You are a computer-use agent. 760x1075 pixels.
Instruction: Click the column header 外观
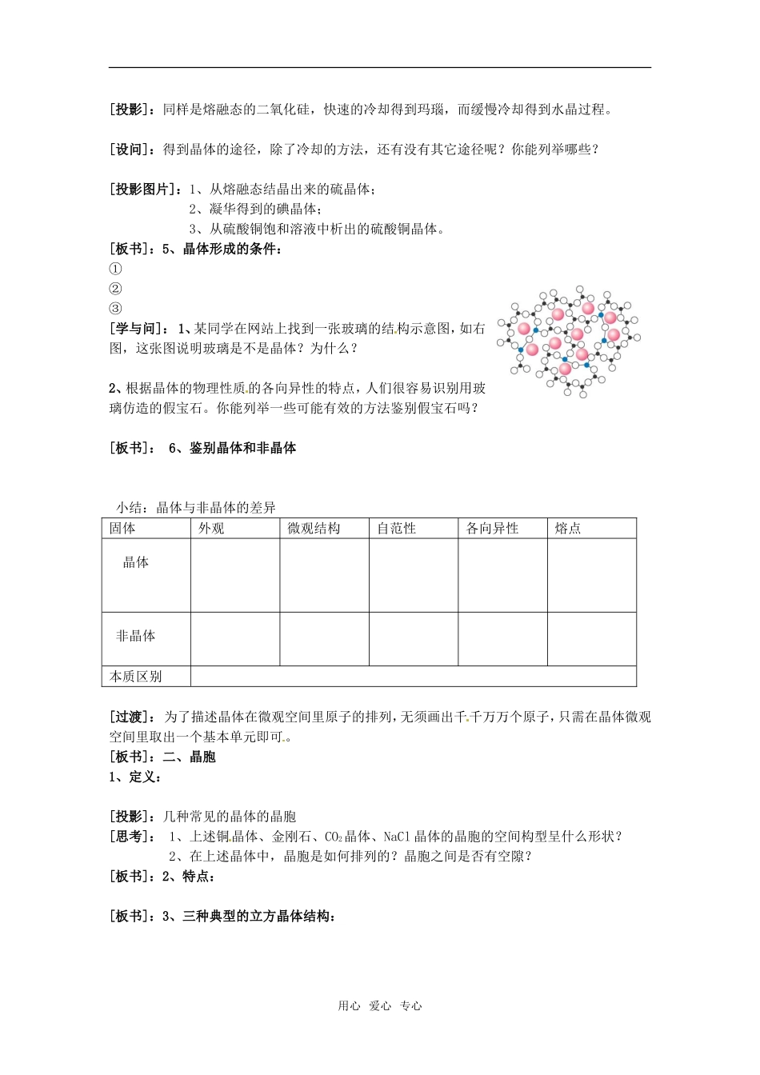coord(212,529)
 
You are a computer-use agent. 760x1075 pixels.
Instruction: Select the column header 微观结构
coord(314,529)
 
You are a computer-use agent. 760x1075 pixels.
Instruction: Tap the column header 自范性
coord(397,529)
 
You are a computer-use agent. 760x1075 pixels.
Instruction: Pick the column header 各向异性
coord(492,529)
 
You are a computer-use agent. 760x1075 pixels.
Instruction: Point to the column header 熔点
coord(568,529)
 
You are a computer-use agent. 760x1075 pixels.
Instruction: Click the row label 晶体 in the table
coord(136,562)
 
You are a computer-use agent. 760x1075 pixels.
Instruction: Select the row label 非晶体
coord(136,636)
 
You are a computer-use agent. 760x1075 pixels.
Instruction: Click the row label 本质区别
coord(136,677)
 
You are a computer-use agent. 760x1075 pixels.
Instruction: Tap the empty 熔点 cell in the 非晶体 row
coord(591,639)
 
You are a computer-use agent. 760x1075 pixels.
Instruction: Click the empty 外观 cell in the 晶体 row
coord(235,575)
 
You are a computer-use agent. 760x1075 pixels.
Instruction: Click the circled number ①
coord(116,269)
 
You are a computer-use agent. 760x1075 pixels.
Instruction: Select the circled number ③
coord(116,309)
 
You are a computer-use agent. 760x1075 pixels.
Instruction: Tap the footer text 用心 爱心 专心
coord(379,1006)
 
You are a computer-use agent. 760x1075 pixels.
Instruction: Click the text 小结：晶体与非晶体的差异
coord(196,508)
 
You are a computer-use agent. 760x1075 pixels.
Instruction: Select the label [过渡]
coord(132,717)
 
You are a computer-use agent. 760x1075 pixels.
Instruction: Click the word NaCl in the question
coord(397,837)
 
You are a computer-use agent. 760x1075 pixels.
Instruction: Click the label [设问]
coord(132,150)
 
